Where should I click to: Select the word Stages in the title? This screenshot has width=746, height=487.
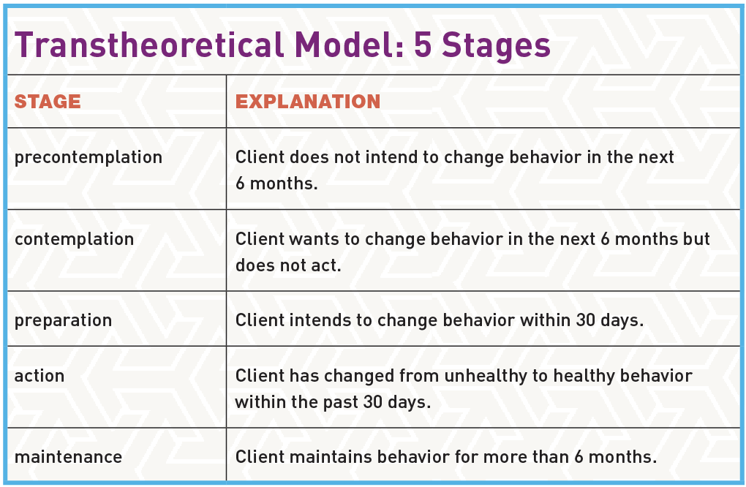[492, 45]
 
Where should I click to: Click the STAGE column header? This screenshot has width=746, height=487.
[48, 102]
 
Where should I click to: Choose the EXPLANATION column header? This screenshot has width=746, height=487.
[308, 102]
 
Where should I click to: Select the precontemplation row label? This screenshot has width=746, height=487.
[88, 157]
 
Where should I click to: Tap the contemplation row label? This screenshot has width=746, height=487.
[75, 239]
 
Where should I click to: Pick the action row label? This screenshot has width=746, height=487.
[39, 376]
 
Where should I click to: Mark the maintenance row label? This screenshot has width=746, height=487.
[68, 457]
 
